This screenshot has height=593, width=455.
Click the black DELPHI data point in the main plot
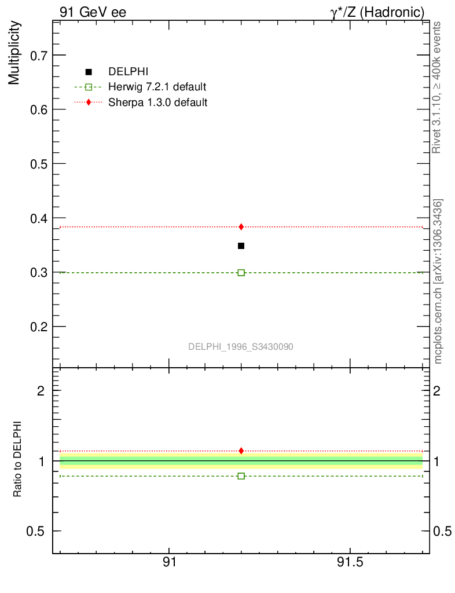(241, 246)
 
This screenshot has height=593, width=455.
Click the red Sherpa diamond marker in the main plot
(241, 226)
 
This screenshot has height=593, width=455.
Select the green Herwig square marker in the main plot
(241, 272)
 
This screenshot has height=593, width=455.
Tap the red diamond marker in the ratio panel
(241, 451)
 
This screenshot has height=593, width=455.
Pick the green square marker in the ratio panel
(241, 476)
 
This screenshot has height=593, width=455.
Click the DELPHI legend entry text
(129, 72)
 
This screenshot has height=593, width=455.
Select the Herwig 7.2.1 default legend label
(157, 87)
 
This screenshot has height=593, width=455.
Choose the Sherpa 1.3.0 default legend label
(158, 102)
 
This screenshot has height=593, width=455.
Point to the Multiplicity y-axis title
(14, 53)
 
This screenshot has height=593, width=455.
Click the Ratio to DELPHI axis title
(17, 459)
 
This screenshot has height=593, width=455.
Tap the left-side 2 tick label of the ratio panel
(41, 390)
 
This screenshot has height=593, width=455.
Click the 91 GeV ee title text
(93, 12)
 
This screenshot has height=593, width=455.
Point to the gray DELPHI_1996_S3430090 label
(241, 346)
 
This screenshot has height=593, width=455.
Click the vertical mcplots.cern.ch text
(438, 281)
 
